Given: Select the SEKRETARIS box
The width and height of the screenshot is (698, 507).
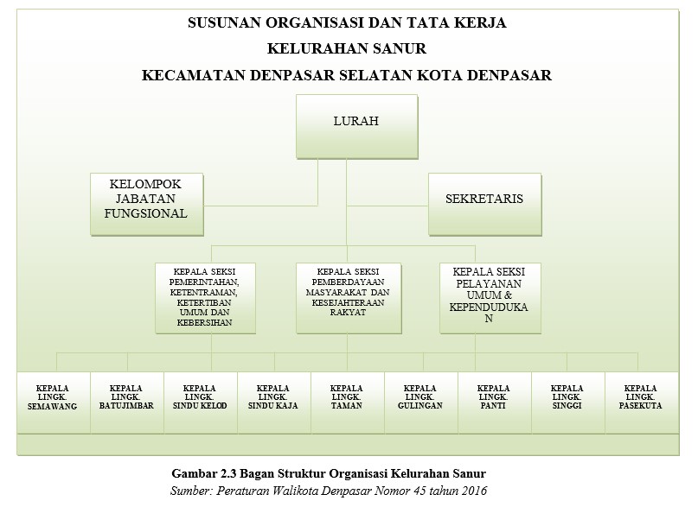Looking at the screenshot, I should point(484,204).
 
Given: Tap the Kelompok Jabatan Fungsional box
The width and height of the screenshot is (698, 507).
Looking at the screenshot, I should point(148,204).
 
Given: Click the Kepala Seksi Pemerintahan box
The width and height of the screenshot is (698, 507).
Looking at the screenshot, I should point(207,298).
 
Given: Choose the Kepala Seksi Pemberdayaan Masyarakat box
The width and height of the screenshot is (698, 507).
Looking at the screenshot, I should point(348,298).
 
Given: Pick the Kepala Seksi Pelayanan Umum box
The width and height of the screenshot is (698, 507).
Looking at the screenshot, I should point(490,298).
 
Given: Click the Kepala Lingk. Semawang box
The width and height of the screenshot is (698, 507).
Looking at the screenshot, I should point(54,401).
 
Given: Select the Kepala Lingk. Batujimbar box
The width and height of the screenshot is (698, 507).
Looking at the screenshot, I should point(126,401).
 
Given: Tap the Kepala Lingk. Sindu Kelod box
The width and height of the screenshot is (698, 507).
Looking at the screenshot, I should point(200,401).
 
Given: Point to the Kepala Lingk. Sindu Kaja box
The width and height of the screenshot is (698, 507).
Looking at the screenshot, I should point(273,401).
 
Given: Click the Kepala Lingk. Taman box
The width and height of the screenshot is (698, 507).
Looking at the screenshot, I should point(346,401).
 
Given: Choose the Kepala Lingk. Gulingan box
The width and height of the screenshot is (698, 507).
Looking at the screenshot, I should point(419,401).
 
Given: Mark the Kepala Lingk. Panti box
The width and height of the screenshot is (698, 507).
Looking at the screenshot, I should point(492,401).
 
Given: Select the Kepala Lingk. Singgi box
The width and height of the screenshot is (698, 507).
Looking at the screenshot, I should point(566,401).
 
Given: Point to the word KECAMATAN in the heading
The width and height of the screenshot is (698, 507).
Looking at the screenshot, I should point(193,75).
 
